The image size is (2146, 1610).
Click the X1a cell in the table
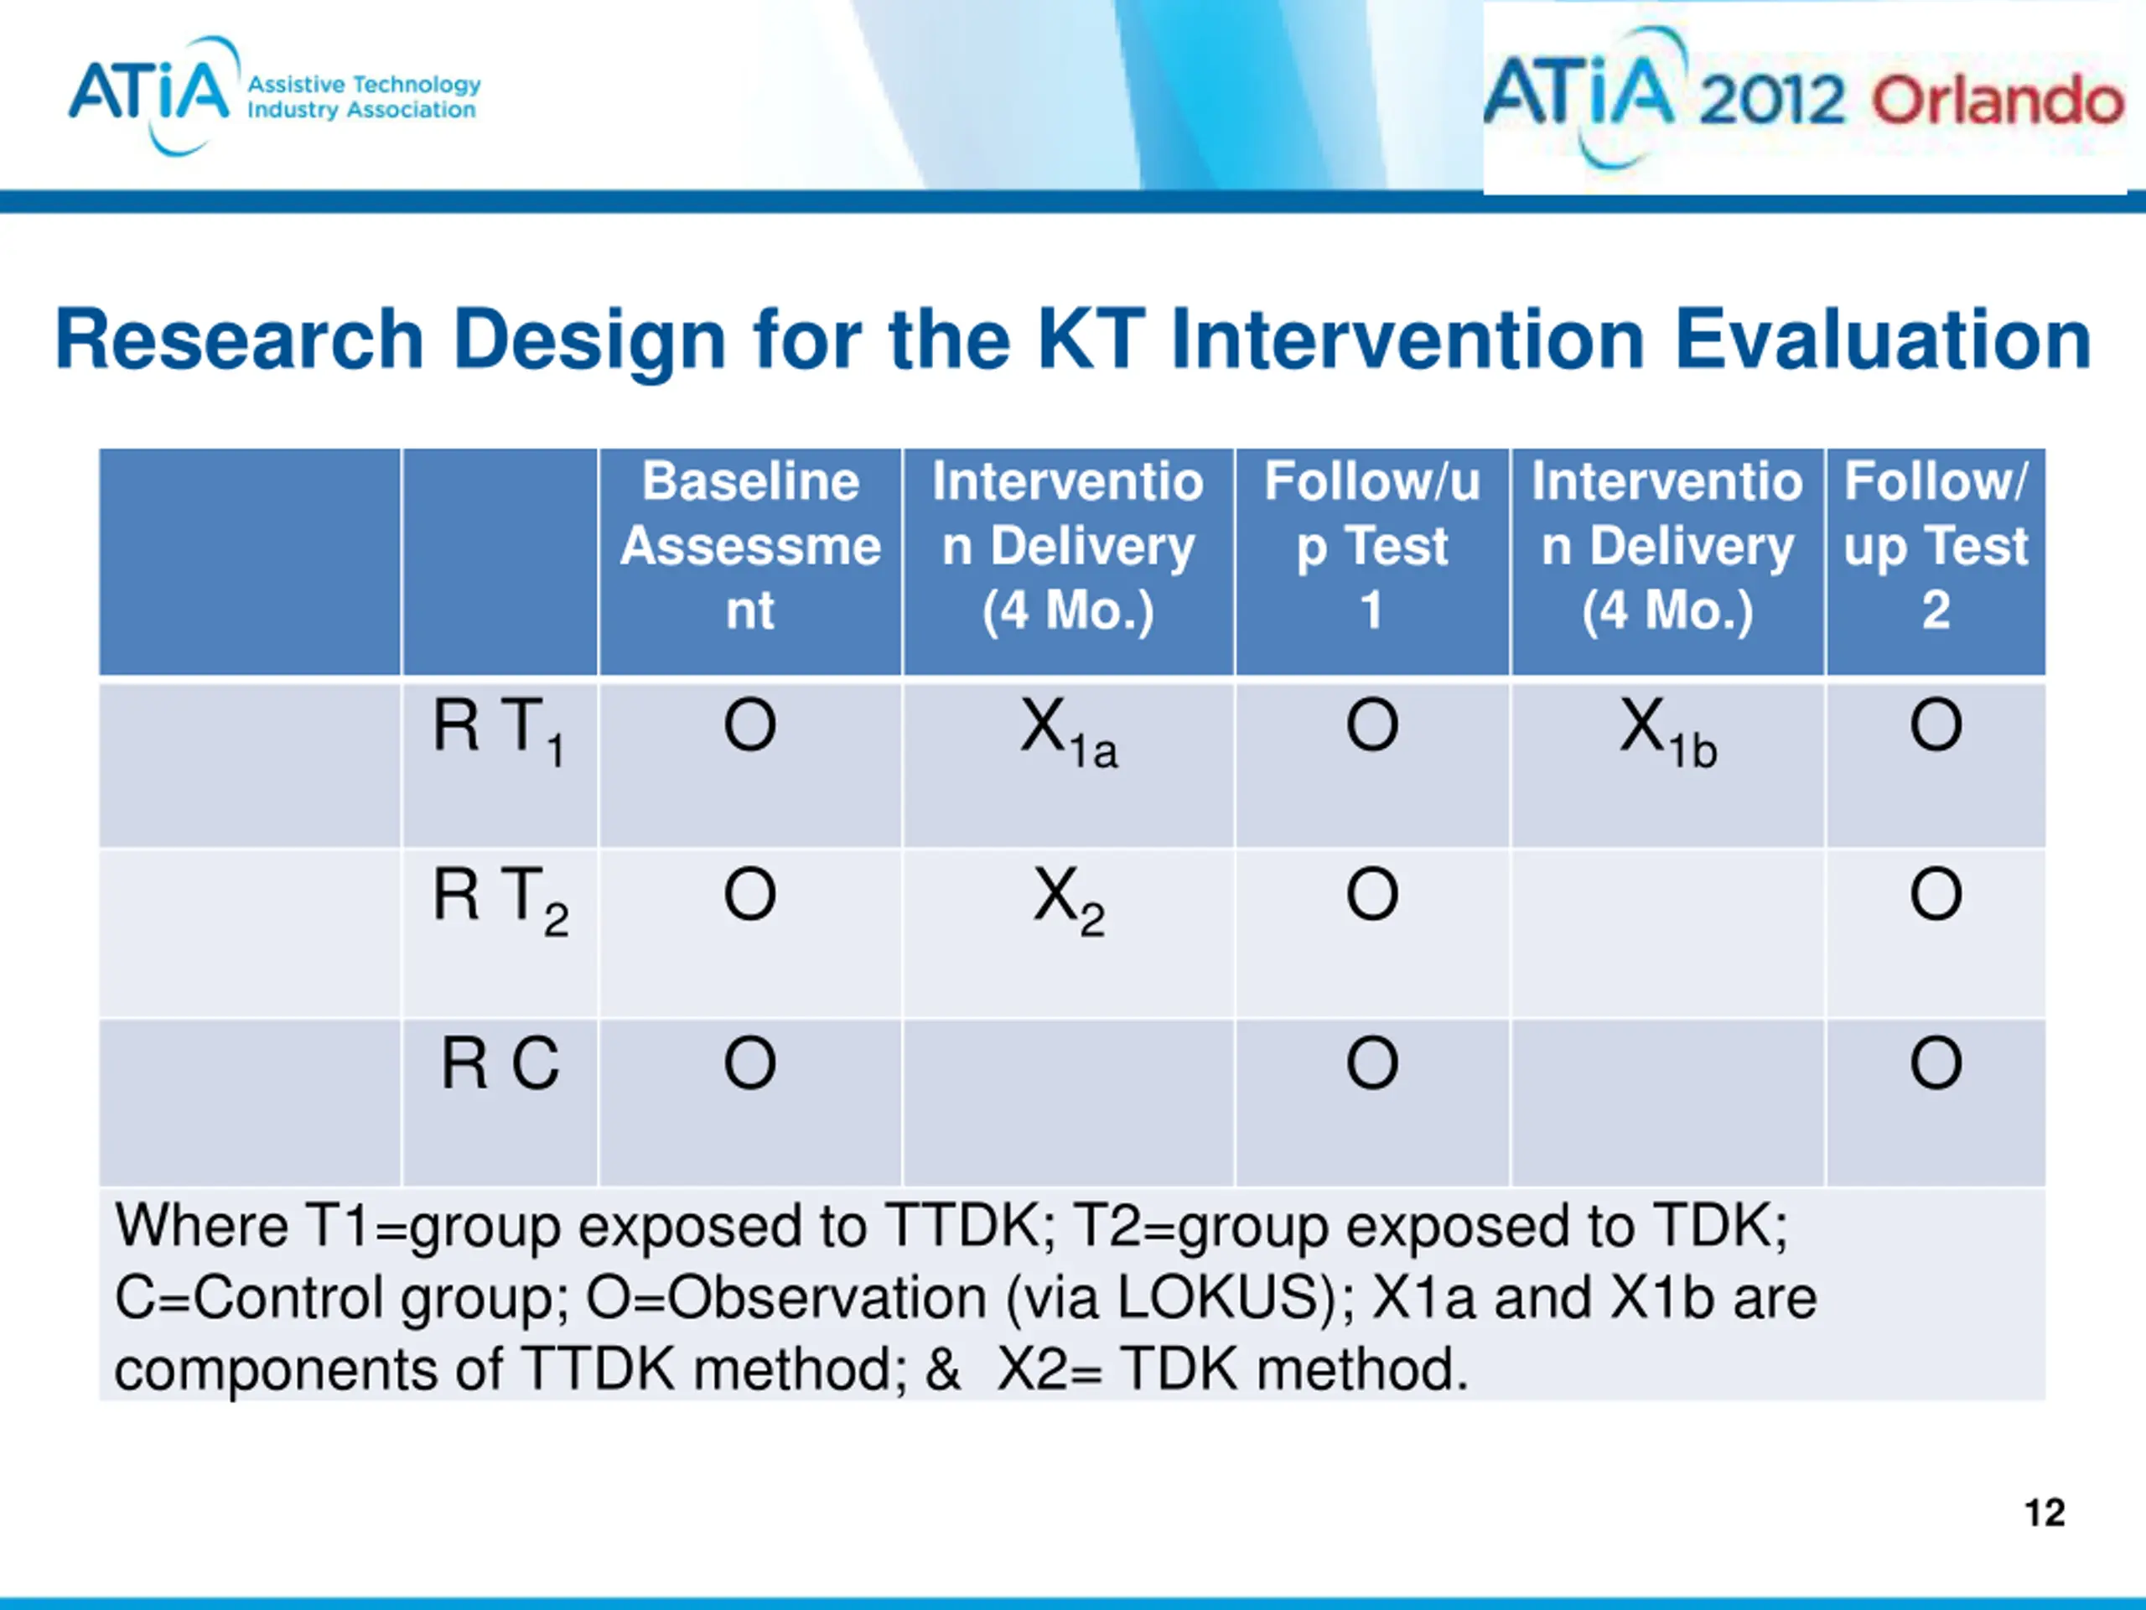[x=1068, y=732]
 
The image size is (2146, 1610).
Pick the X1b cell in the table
[x=1667, y=732]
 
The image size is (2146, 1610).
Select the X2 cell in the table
[x=1068, y=901]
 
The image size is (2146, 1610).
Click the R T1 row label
[x=500, y=732]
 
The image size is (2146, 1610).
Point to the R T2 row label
[x=500, y=901]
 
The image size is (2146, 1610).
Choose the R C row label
[x=500, y=1063]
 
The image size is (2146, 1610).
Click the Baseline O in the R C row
[x=750, y=1063]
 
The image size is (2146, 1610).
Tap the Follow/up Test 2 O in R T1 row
[x=1936, y=725]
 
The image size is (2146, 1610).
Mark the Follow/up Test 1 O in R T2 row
[x=1371, y=894]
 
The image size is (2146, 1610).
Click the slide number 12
[x=2044, y=1513]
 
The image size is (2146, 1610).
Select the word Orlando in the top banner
[x=1998, y=100]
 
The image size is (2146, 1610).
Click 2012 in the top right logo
[x=1771, y=100]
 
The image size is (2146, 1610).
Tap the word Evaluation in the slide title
[x=1883, y=339]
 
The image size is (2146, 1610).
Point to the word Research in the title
[x=240, y=339]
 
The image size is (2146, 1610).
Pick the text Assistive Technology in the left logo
[x=364, y=85]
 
